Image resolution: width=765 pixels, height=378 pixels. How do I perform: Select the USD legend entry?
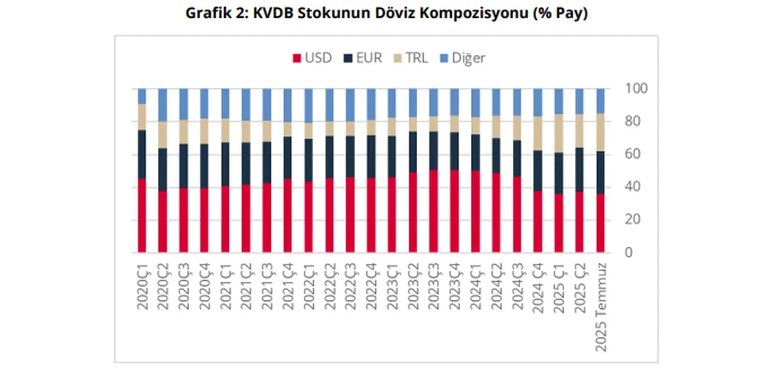point(312,58)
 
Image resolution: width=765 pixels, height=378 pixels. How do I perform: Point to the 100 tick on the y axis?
point(636,88)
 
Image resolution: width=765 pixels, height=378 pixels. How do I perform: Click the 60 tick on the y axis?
point(632,154)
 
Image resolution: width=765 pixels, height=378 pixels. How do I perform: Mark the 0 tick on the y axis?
point(629,253)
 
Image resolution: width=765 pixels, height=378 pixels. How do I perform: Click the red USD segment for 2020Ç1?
point(142,215)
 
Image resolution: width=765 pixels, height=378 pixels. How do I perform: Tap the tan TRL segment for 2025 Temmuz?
point(601,132)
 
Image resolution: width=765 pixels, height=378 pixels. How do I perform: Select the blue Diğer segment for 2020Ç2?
point(163,105)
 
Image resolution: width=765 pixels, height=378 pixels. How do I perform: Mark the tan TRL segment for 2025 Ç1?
point(559,133)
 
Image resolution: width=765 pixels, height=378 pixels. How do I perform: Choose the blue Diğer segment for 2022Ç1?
point(308,105)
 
